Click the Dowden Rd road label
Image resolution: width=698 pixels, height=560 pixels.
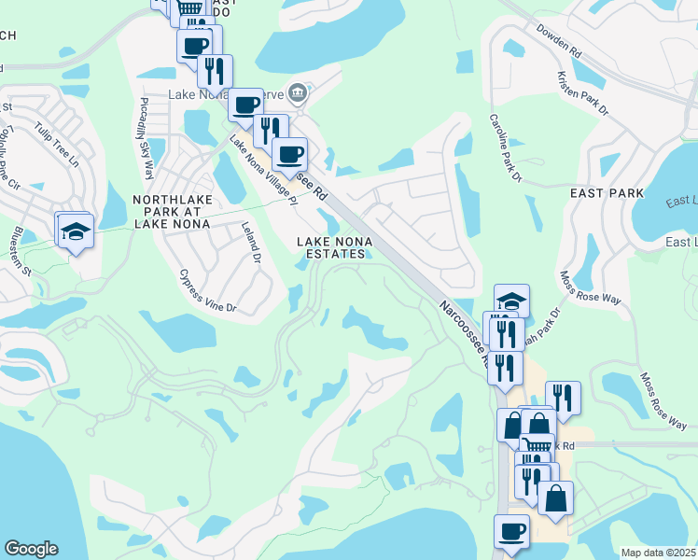(x=559, y=42)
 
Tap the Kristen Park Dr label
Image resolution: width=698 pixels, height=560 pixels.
(x=581, y=93)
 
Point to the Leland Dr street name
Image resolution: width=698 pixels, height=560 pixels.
(x=249, y=240)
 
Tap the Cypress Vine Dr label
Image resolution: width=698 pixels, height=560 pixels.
(x=209, y=290)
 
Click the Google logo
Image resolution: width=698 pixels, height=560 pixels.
(x=31, y=549)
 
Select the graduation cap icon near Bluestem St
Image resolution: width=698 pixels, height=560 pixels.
(x=74, y=231)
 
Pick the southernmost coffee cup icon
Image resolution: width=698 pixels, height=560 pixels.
(x=510, y=532)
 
